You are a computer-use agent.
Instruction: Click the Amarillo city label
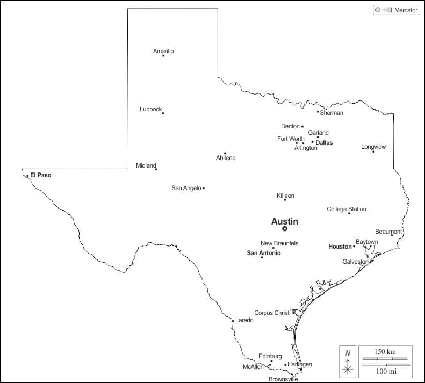pyautogui.click(x=163, y=51)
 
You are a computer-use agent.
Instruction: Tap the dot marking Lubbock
pyautogui.click(x=163, y=113)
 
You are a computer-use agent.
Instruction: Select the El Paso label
pyautogui.click(x=41, y=175)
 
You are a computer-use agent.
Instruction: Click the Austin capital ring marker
pyautogui.click(x=285, y=229)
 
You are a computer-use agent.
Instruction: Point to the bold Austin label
pyautogui.click(x=284, y=221)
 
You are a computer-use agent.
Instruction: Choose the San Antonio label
pyautogui.click(x=263, y=252)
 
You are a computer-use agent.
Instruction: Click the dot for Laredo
pyautogui.click(x=233, y=321)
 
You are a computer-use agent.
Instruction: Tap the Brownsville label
pyautogui.click(x=283, y=379)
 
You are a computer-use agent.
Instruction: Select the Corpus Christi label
pyautogui.click(x=272, y=313)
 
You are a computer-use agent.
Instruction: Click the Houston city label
pyautogui.click(x=340, y=247)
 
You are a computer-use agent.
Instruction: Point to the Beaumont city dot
pyautogui.click(x=392, y=235)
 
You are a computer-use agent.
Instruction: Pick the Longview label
pyautogui.click(x=373, y=147)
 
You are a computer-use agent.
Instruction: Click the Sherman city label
pyautogui.click(x=332, y=113)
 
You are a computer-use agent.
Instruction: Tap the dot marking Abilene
pyautogui.click(x=225, y=153)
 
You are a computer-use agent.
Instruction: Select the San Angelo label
pyautogui.click(x=186, y=188)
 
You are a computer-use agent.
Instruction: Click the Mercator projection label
pyautogui.click(x=406, y=10)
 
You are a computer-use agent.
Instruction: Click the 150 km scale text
pyautogui.click(x=385, y=351)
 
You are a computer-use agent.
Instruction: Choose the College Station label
pyautogui.click(x=347, y=209)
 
